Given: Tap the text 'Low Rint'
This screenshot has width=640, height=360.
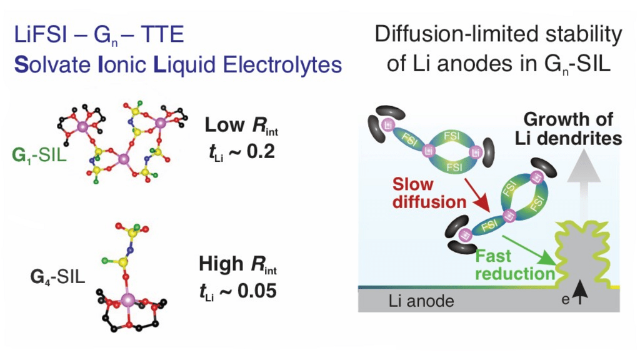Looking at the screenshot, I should tap(241, 126).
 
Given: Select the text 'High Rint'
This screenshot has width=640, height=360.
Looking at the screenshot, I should tap(237, 265).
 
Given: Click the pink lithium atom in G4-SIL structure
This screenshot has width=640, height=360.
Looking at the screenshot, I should tap(129, 301).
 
